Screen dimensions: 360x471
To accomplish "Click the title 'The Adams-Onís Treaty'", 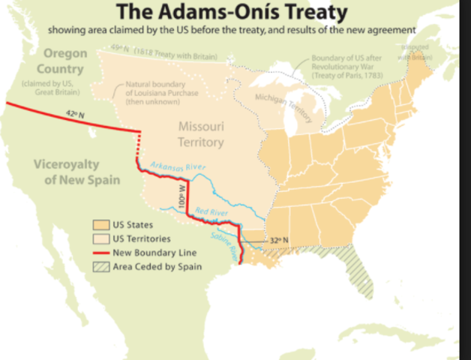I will click(235, 13).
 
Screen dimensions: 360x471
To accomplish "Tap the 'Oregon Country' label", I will click(65, 61).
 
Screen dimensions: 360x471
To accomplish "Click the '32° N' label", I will click(279, 240).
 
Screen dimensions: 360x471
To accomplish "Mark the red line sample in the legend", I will click(100, 252).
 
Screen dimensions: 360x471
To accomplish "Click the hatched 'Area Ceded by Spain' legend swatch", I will click(100, 266).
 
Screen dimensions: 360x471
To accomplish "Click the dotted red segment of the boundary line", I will click(139, 150).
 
